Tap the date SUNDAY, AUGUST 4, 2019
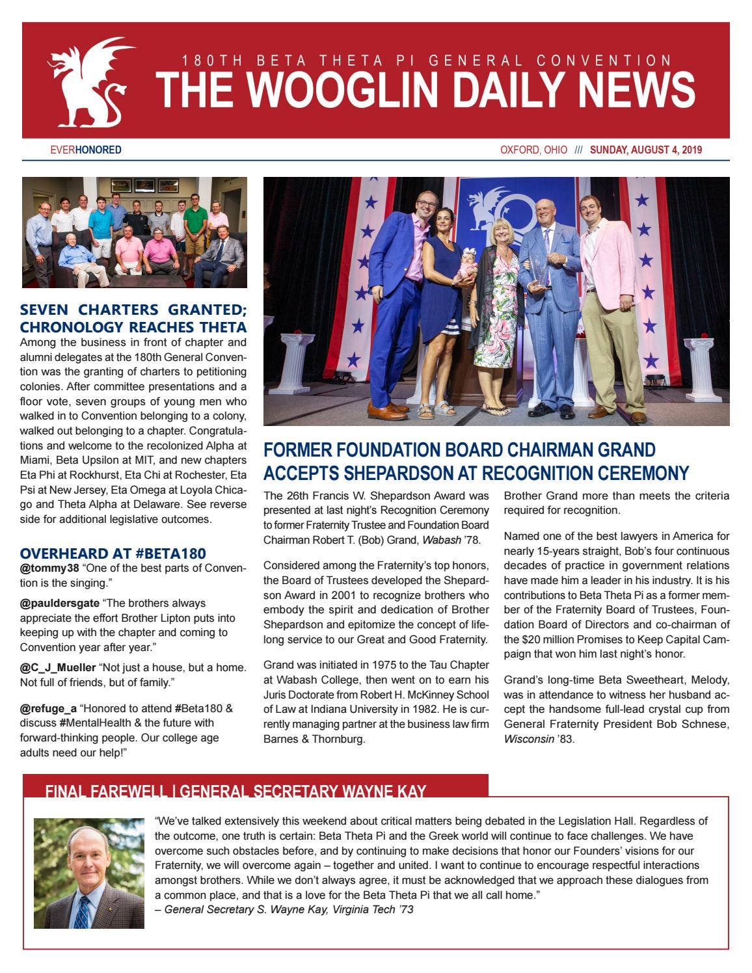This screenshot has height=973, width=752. click(645, 150)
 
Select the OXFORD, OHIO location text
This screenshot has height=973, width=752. click(533, 150)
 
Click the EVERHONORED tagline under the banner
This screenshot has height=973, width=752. click(86, 150)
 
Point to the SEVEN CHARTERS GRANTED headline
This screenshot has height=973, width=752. click(133, 310)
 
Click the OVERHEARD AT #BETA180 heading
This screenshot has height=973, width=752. click(113, 553)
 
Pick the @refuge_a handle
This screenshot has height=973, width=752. click(48, 708)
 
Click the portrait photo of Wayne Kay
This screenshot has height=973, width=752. click(89, 873)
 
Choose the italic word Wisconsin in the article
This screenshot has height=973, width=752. click(528, 739)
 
